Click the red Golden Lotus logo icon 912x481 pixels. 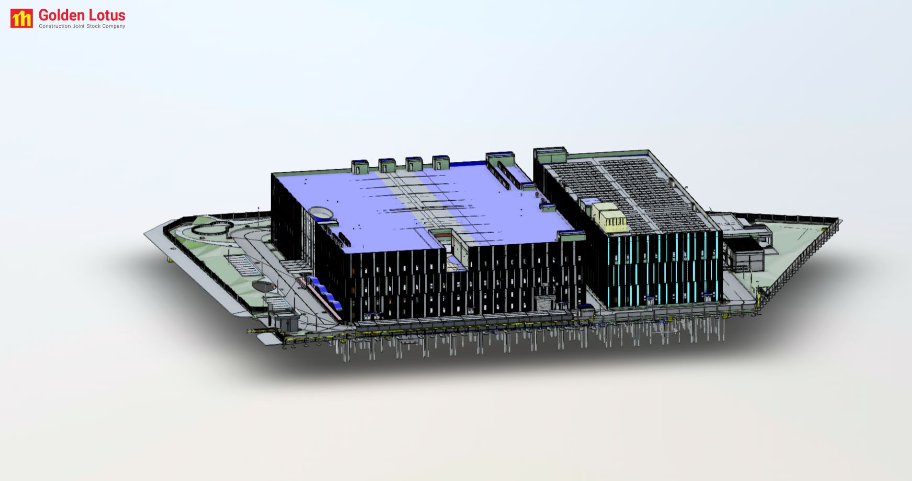21,18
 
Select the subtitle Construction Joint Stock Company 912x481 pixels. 82,26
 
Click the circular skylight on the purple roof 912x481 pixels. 320,212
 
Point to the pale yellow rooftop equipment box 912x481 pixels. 609,216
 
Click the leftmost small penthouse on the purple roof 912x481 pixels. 360,167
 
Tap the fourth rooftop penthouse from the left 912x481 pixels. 440,162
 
